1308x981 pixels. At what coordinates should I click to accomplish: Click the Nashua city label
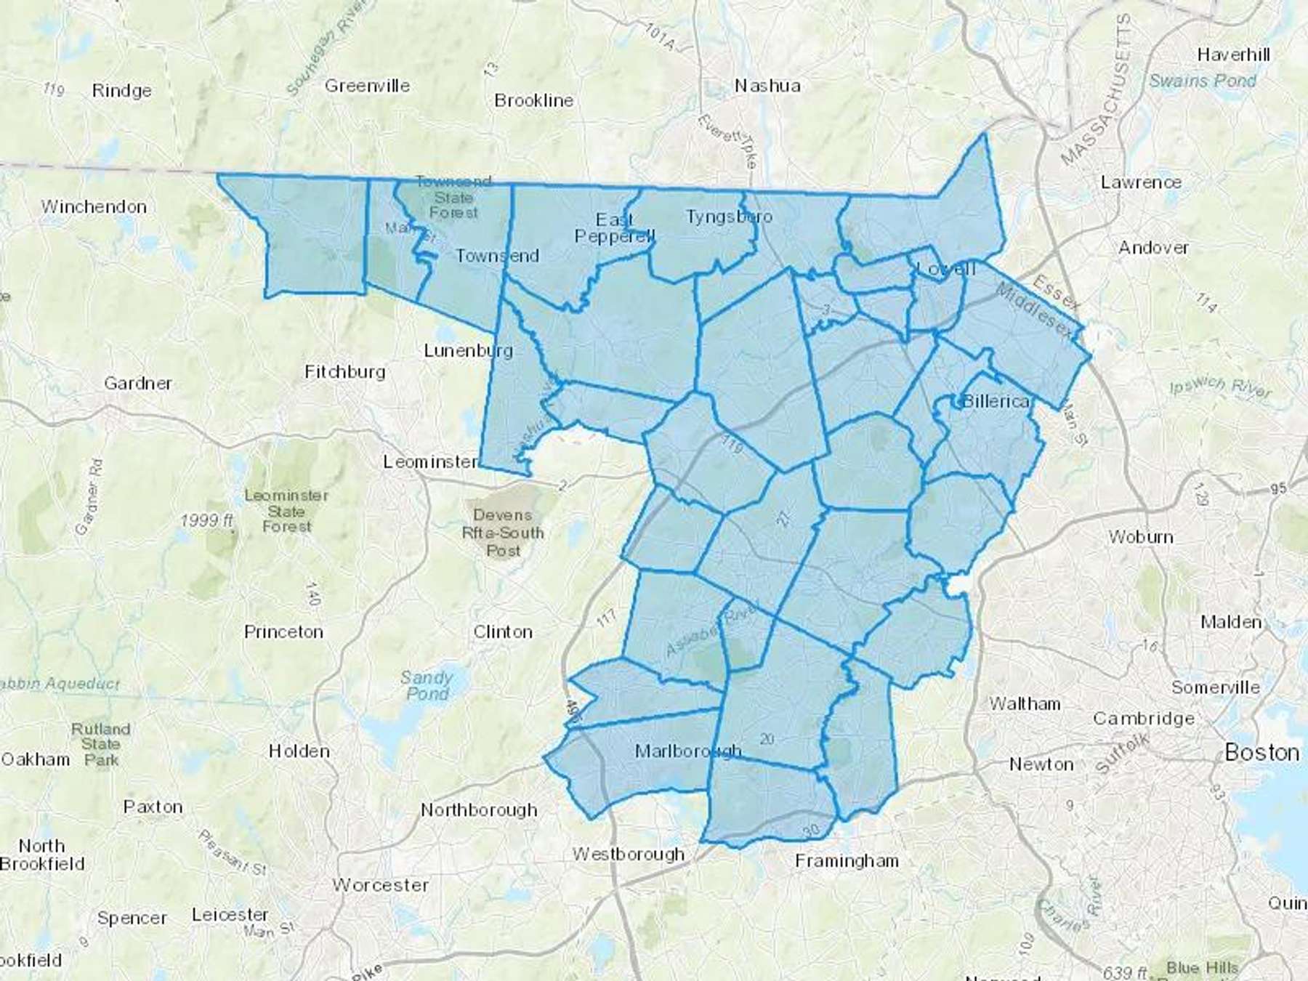pos(767,86)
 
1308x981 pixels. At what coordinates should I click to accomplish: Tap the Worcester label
pos(381,885)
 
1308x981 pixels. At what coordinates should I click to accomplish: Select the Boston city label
pos(1261,752)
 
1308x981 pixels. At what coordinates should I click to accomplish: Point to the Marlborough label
pos(687,751)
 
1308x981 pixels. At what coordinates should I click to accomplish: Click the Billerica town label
pos(996,401)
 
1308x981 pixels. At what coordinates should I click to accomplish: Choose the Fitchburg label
pos(345,372)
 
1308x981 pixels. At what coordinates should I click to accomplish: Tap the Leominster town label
pos(431,462)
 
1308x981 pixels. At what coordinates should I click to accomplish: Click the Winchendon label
pos(94,207)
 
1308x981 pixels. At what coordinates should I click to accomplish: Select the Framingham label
pos(847,861)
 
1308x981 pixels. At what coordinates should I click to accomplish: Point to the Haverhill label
pos(1234,54)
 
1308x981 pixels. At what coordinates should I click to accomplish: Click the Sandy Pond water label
pos(427,685)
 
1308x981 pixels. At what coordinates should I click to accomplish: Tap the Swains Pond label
pos(1203,81)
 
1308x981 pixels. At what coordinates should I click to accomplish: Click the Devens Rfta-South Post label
pos(503,533)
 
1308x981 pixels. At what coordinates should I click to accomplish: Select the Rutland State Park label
pos(101,744)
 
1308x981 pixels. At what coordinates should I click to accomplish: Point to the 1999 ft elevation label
pos(207,520)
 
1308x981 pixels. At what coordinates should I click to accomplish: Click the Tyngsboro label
pos(729,217)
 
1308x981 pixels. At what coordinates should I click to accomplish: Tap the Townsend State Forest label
pos(453,197)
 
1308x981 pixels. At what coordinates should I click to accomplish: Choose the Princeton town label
pos(283,632)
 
